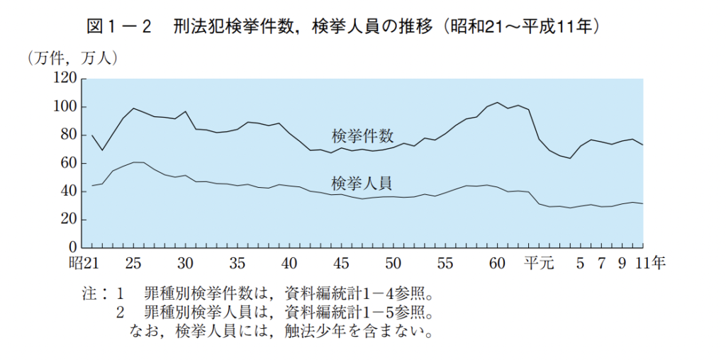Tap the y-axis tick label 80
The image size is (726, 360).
coord(68,135)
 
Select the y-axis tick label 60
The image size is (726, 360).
coord(68,164)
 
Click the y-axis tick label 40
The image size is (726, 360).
coord(68,191)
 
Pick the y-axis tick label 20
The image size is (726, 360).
coord(68,220)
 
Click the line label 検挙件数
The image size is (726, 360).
coord(362,135)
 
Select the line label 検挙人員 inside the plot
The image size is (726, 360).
coord(362,184)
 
